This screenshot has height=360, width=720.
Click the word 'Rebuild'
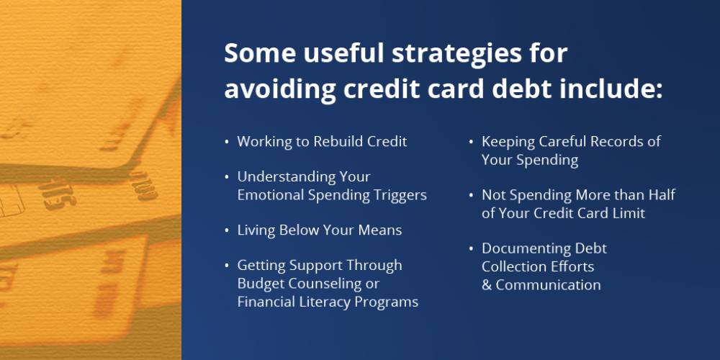click(x=338, y=141)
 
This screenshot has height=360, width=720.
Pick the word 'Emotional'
click(x=271, y=195)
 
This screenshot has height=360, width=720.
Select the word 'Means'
click(x=381, y=230)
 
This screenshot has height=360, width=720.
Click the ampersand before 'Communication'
click(x=487, y=285)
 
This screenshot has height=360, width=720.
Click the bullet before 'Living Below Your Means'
click(x=227, y=230)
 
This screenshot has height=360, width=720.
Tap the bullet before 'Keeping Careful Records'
click(x=471, y=142)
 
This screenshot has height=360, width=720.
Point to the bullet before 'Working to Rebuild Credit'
click(x=227, y=142)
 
